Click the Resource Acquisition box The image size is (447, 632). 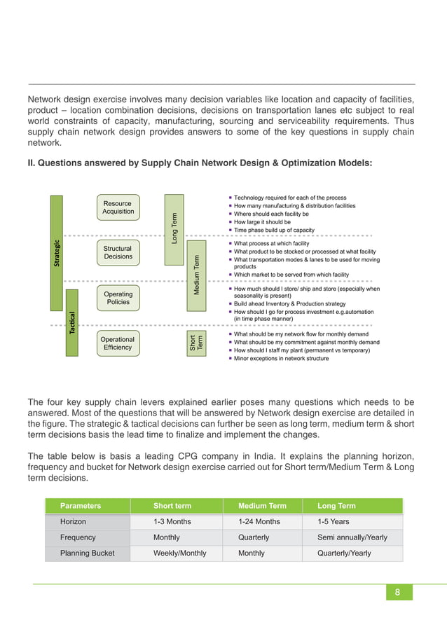118,207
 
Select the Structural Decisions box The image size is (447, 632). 118,252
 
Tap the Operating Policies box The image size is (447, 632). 118,298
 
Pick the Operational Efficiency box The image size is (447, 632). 118,343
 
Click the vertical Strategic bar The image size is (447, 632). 57,253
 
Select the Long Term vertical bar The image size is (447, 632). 174,229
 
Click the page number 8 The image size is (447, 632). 397,592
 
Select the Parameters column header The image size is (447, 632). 81,505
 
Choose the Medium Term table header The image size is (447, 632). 262,505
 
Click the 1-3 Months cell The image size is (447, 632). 172,521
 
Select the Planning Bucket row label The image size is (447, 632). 87,553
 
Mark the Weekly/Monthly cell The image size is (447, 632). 180,553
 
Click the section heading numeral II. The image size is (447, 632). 31,163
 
